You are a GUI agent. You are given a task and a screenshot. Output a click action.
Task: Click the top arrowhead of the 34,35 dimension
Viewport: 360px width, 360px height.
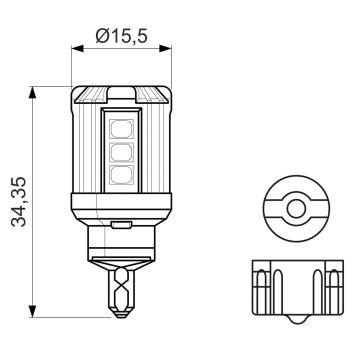point(35,92)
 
